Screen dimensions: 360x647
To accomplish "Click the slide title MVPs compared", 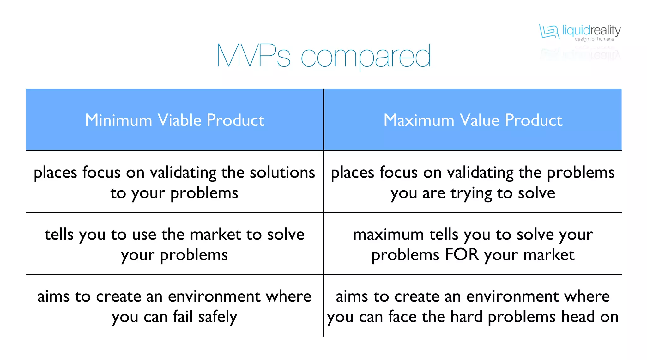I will point(323,56).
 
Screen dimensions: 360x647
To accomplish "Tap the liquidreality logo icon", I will point(549,32).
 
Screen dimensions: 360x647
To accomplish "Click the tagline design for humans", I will point(594,39).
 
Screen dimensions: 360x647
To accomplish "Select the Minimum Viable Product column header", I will point(174,120).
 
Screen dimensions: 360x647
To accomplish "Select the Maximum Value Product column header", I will point(473,120).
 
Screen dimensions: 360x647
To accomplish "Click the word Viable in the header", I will point(179,120).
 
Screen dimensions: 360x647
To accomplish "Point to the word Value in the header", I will point(479,120).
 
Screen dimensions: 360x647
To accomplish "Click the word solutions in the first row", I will point(282,173).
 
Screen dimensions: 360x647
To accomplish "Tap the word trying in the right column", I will point(471,193).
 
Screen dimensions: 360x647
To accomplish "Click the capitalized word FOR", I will point(462,255).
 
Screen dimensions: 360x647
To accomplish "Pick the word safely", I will point(217,317).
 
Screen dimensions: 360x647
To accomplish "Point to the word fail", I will point(183,317).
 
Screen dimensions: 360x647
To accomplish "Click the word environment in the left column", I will point(214,296).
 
